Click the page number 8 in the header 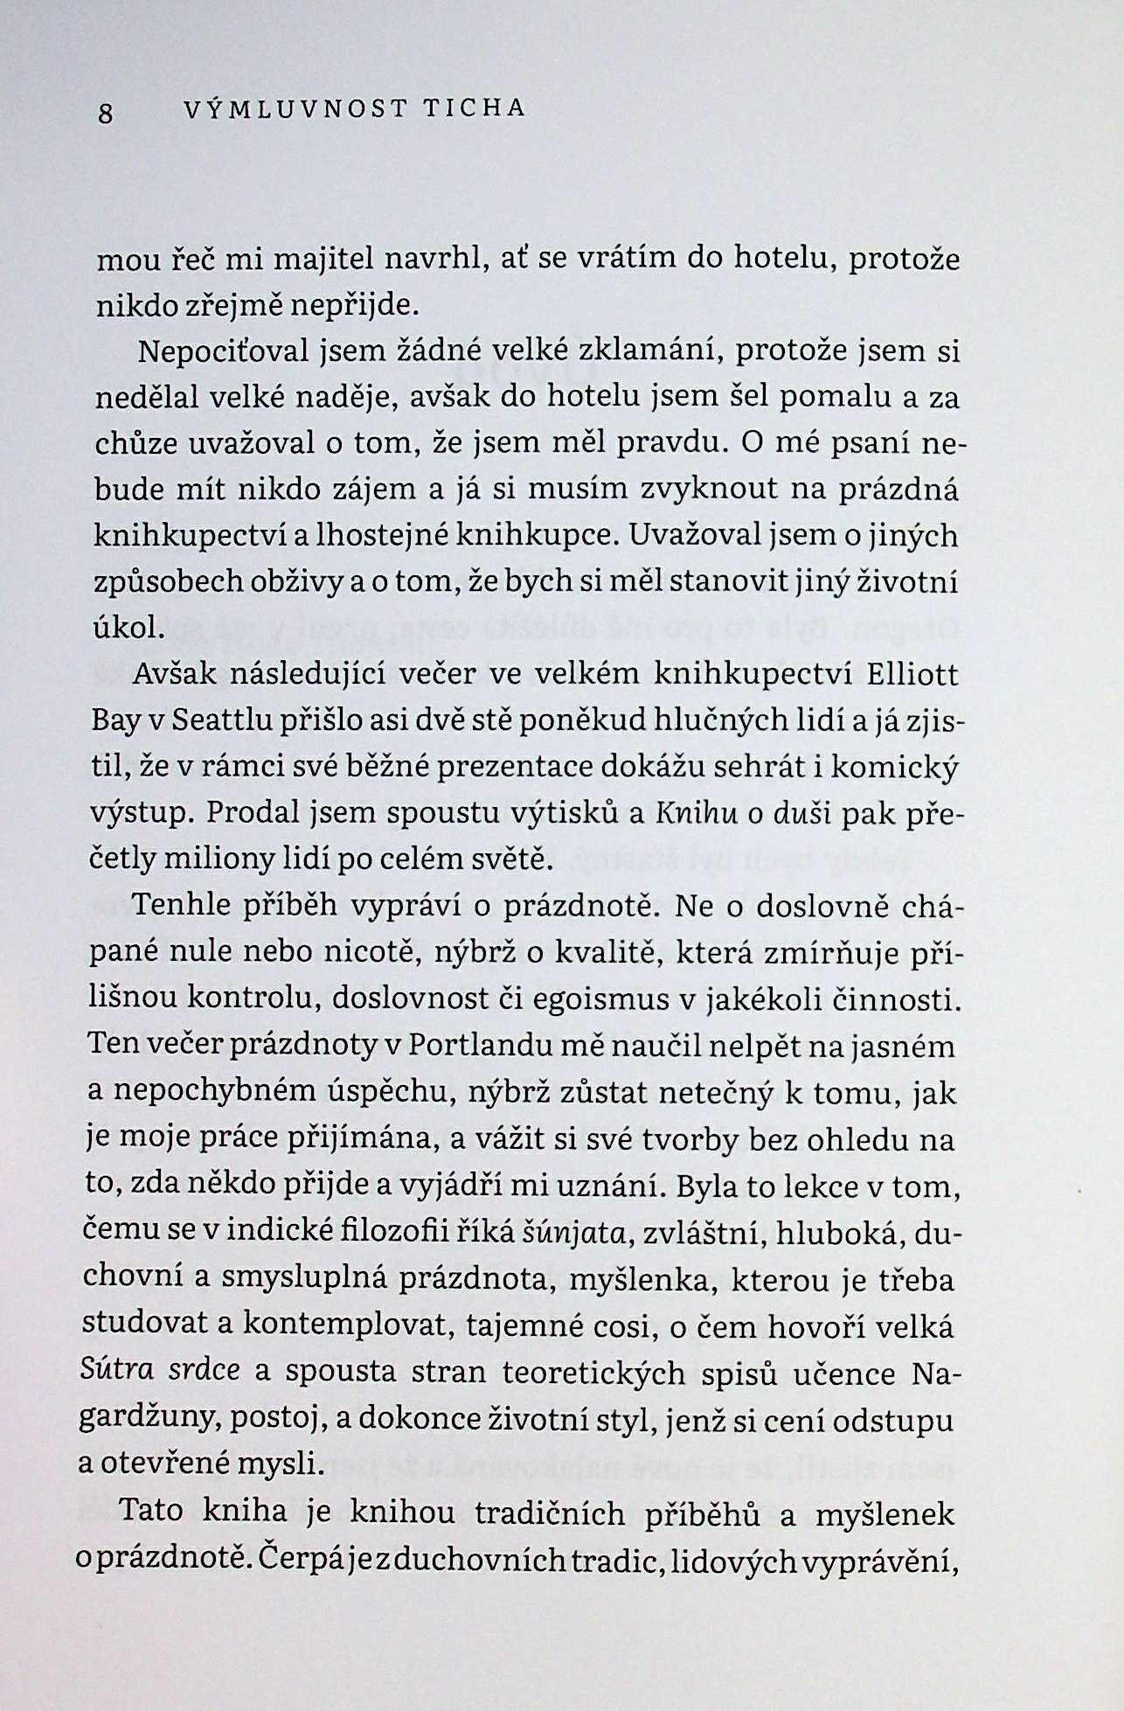(x=106, y=113)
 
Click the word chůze (x=136, y=443)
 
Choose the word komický (x=894, y=768)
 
